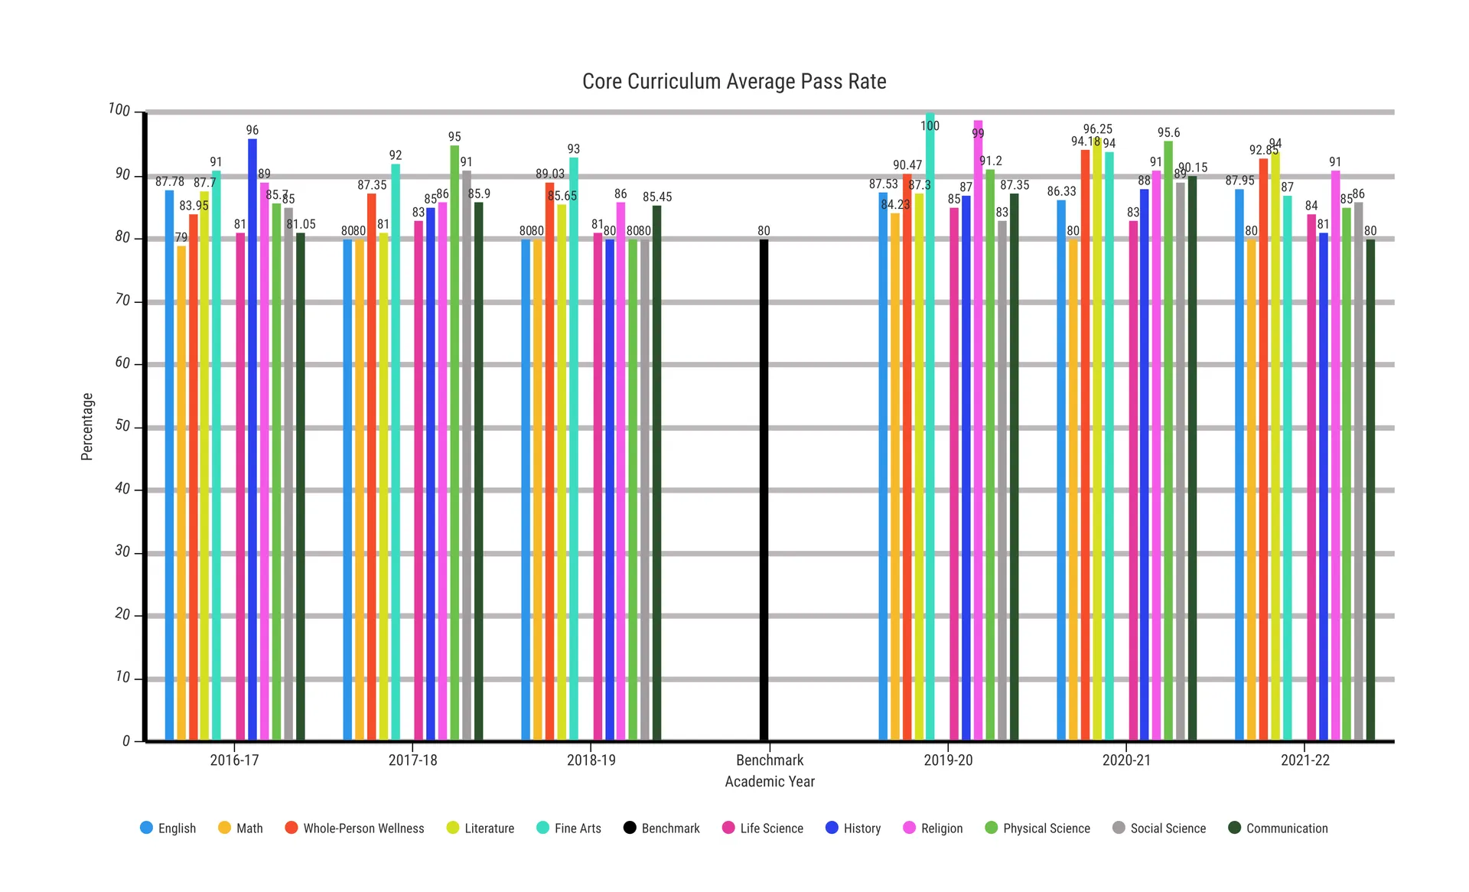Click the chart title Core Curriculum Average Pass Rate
734,82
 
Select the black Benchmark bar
764,490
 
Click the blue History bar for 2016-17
252,440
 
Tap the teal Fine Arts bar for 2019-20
930,428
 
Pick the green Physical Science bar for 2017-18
454,444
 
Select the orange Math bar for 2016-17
181,493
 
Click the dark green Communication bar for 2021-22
1370,490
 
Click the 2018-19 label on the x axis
591,760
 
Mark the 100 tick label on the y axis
119,110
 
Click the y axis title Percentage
87,427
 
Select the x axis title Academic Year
770,782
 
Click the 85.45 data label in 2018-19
657,197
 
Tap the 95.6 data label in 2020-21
1168,133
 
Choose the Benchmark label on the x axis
770,760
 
